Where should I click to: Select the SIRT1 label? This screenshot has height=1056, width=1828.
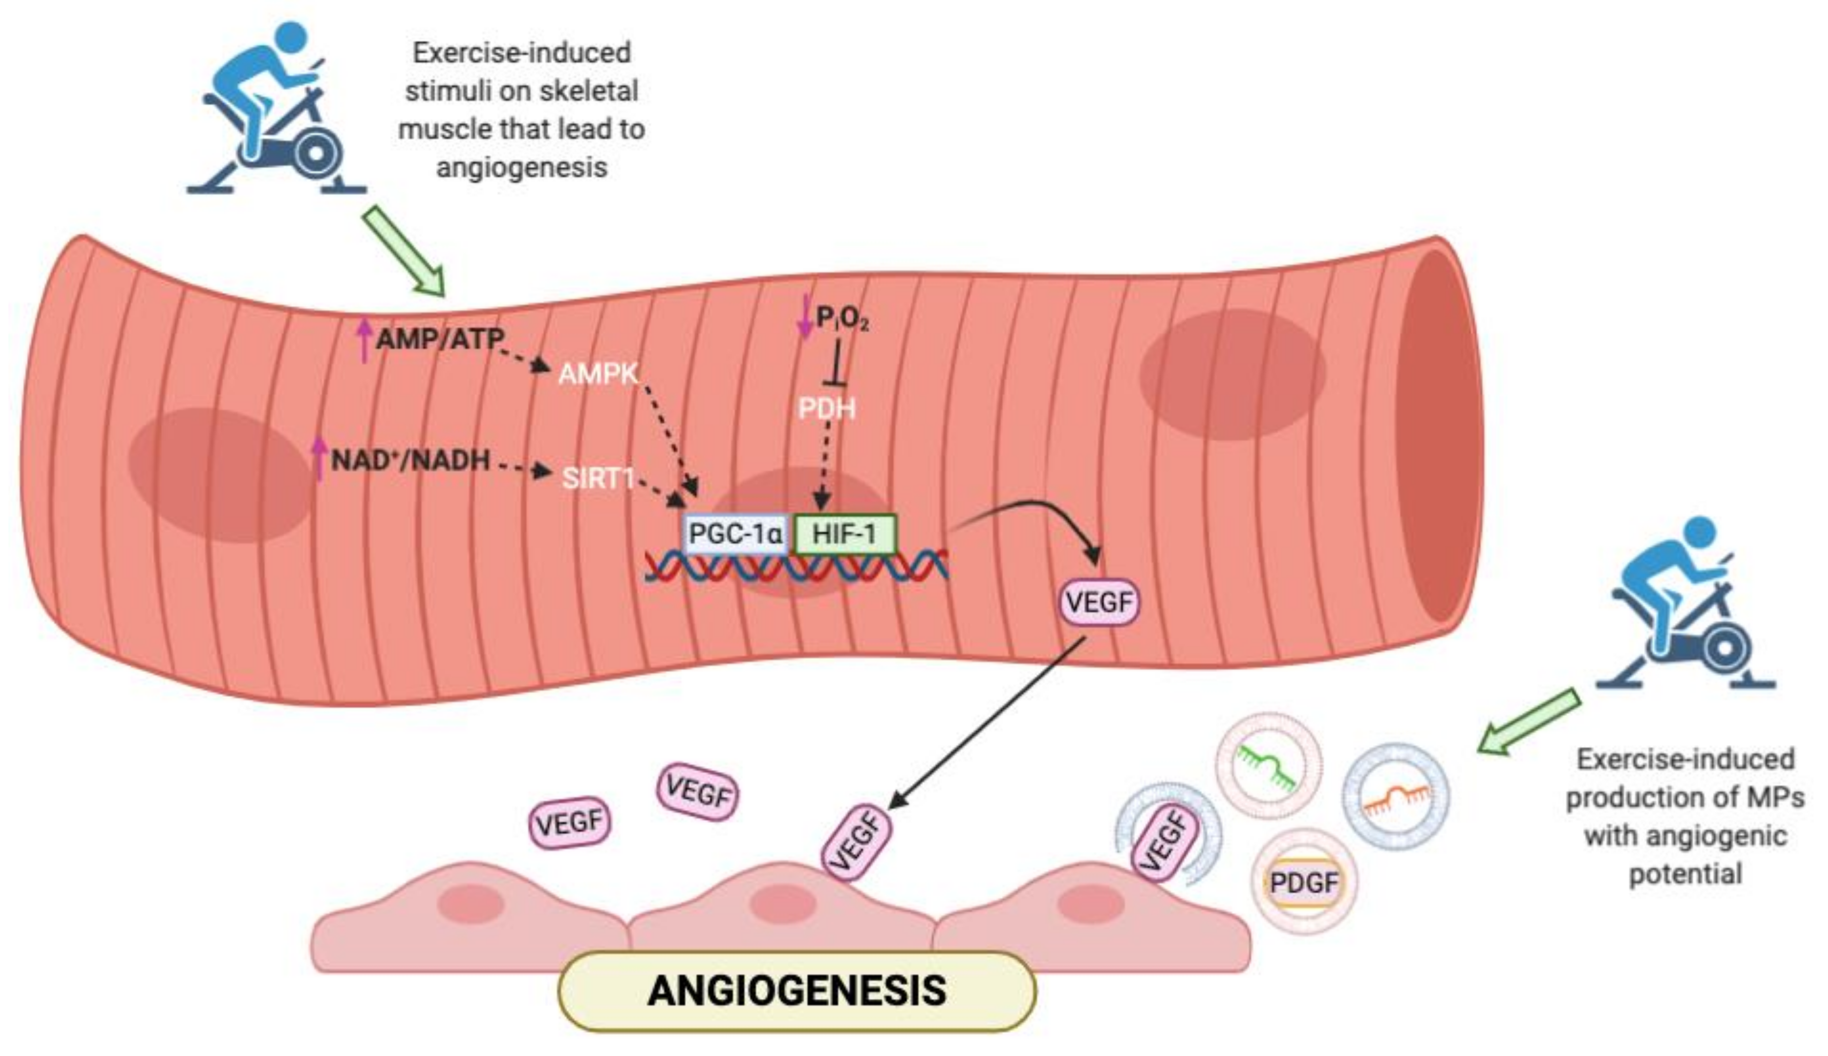tap(598, 478)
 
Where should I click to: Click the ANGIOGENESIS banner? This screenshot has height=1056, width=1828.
tap(796, 991)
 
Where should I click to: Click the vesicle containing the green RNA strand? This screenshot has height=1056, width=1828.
tap(1268, 765)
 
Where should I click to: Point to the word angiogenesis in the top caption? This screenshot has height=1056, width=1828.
tap(521, 168)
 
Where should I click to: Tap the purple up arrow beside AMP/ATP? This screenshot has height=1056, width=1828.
tap(365, 340)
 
